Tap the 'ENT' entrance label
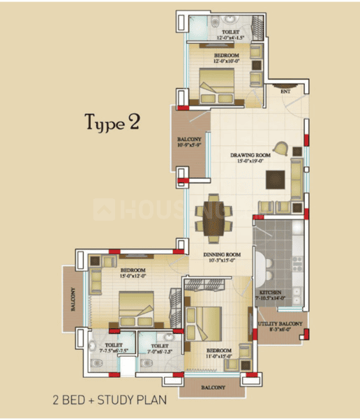click(285, 91)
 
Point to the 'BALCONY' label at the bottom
click(213, 388)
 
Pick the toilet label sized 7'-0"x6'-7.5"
click(160, 348)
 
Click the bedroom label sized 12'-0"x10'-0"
click(227, 57)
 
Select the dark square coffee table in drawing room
click(276, 179)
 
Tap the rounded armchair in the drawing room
click(280, 149)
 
